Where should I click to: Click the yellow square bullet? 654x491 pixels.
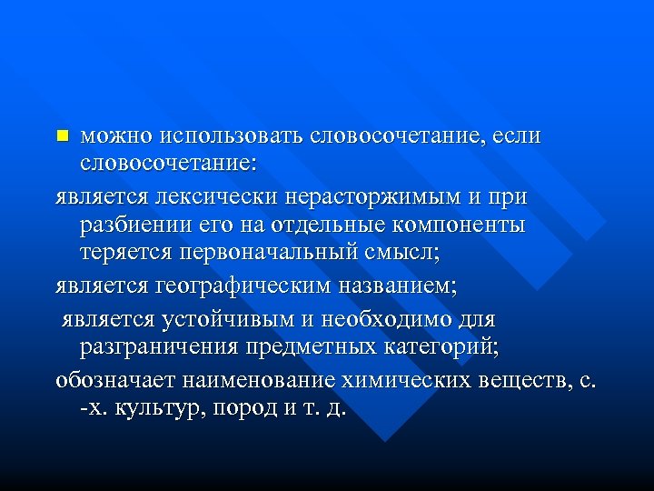point(62,136)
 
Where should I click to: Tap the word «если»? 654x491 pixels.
point(517,137)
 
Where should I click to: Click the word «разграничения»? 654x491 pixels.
point(164,346)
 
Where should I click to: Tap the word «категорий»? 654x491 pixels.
point(437,346)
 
